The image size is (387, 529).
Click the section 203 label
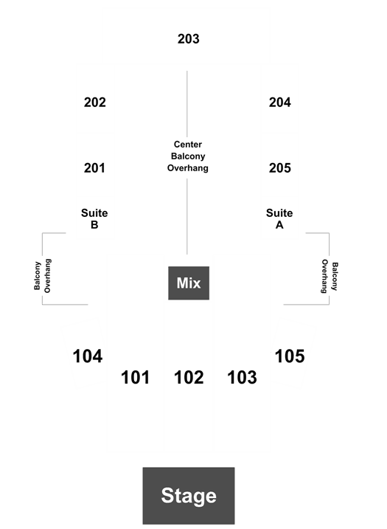[x=189, y=39]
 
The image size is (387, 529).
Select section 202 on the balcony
[x=95, y=103]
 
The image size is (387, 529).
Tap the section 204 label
[x=280, y=103]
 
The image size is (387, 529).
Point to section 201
[x=94, y=167]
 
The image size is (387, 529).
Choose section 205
[x=280, y=167]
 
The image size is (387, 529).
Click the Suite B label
[x=94, y=218]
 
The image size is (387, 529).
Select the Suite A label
[x=279, y=218]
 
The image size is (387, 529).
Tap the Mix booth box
[x=189, y=283]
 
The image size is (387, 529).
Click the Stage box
[x=189, y=496]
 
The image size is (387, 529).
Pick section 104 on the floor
[x=88, y=356]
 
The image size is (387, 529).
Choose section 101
[x=135, y=377]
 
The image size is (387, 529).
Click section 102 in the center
[x=189, y=377]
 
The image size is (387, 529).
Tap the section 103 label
[x=242, y=377]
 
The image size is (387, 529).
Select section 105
[x=290, y=356]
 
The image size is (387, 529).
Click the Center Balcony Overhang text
[x=188, y=156]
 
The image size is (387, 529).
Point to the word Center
[x=188, y=145]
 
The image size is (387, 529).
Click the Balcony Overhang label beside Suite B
[x=43, y=276]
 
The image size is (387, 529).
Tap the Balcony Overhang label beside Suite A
[x=330, y=276]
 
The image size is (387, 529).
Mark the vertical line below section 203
[x=187, y=104]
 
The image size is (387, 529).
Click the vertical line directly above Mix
[x=187, y=217]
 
